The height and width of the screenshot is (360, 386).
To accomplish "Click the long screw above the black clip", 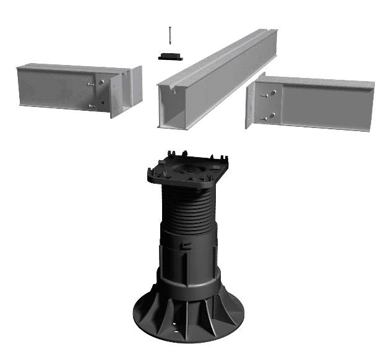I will (x=169, y=37).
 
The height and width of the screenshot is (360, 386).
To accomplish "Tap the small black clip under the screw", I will (x=169, y=56).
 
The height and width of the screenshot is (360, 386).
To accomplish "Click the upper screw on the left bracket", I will (x=92, y=85).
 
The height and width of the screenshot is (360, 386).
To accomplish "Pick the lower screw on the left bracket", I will (x=92, y=106).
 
